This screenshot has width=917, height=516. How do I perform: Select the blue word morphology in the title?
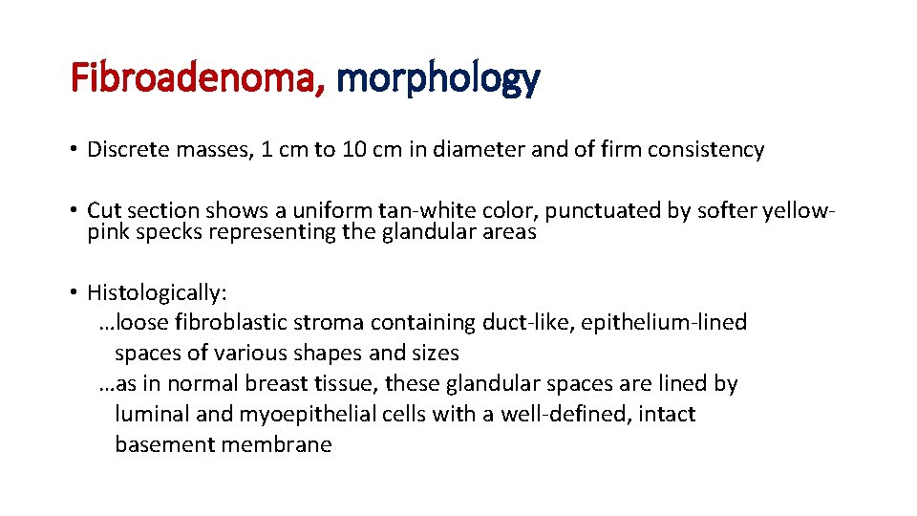(437, 78)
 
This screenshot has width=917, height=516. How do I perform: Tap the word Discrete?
(126, 150)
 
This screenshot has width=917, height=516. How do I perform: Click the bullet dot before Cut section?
(74, 210)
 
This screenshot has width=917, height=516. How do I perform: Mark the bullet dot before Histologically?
(74, 292)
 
